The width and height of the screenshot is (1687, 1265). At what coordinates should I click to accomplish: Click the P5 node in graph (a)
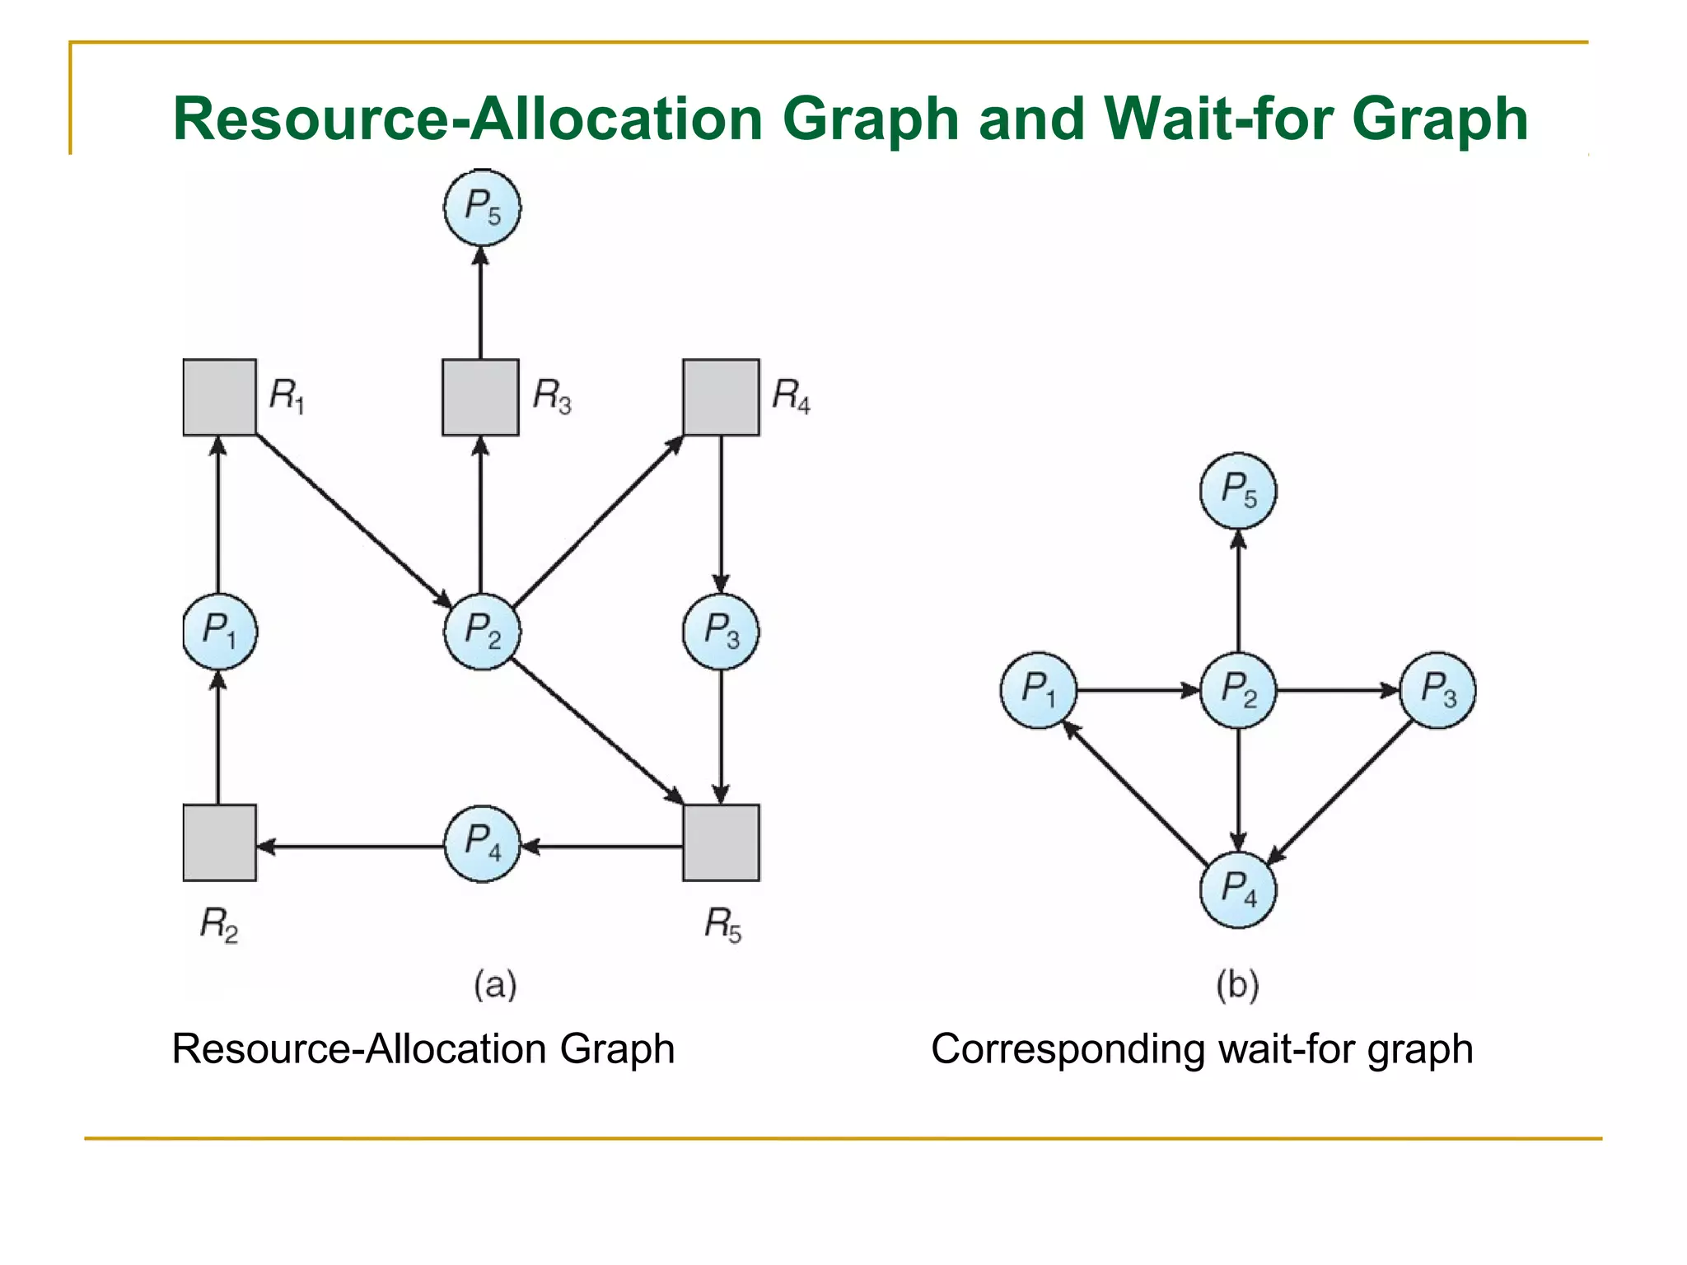coord(482,207)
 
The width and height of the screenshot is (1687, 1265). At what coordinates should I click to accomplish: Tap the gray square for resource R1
coord(219,397)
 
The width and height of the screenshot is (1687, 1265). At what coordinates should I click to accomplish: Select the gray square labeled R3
coord(480,397)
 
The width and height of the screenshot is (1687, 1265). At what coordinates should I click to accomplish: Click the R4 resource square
coord(721,397)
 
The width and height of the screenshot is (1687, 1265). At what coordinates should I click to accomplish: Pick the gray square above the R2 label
coord(219,843)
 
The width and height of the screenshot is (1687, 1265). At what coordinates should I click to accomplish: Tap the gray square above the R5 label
coord(721,843)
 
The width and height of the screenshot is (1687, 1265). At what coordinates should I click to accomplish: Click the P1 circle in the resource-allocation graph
coord(219,631)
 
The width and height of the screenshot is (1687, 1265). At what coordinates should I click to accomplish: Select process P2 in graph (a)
coord(482,631)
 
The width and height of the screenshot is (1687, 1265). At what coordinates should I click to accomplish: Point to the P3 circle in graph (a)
coord(721,631)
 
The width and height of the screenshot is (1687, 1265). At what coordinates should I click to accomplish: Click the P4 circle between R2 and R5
coord(482,843)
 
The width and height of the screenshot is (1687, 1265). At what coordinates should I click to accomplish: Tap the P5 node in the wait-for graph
coord(1238,490)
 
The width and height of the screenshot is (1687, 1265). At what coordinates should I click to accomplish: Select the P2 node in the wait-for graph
coord(1238,689)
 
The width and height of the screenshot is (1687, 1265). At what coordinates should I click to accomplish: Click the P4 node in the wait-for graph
coord(1238,889)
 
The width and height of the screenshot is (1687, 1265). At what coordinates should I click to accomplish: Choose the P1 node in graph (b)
coord(1039,689)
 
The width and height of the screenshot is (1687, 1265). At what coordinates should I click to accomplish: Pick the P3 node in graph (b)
coord(1437,689)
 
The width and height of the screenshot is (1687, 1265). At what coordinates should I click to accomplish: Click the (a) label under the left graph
coord(494,985)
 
